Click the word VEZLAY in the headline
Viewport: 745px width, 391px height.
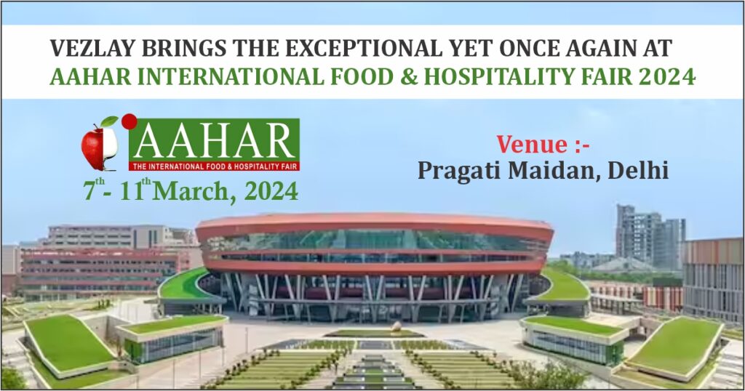pos(87,49)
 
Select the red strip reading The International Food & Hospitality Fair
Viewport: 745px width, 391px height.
pos(214,164)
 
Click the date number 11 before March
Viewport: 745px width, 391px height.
pos(134,192)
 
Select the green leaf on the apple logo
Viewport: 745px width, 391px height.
pos(109,121)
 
